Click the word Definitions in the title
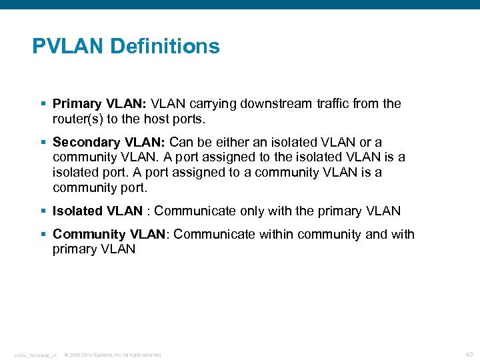165,47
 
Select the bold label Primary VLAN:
99,103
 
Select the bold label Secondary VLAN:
109,142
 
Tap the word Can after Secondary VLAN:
181,142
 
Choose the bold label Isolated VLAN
97,211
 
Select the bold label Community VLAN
108,235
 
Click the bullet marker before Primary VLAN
43,103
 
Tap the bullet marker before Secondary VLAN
43,142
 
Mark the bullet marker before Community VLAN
43,235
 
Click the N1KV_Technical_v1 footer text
35,355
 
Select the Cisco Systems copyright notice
113,355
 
